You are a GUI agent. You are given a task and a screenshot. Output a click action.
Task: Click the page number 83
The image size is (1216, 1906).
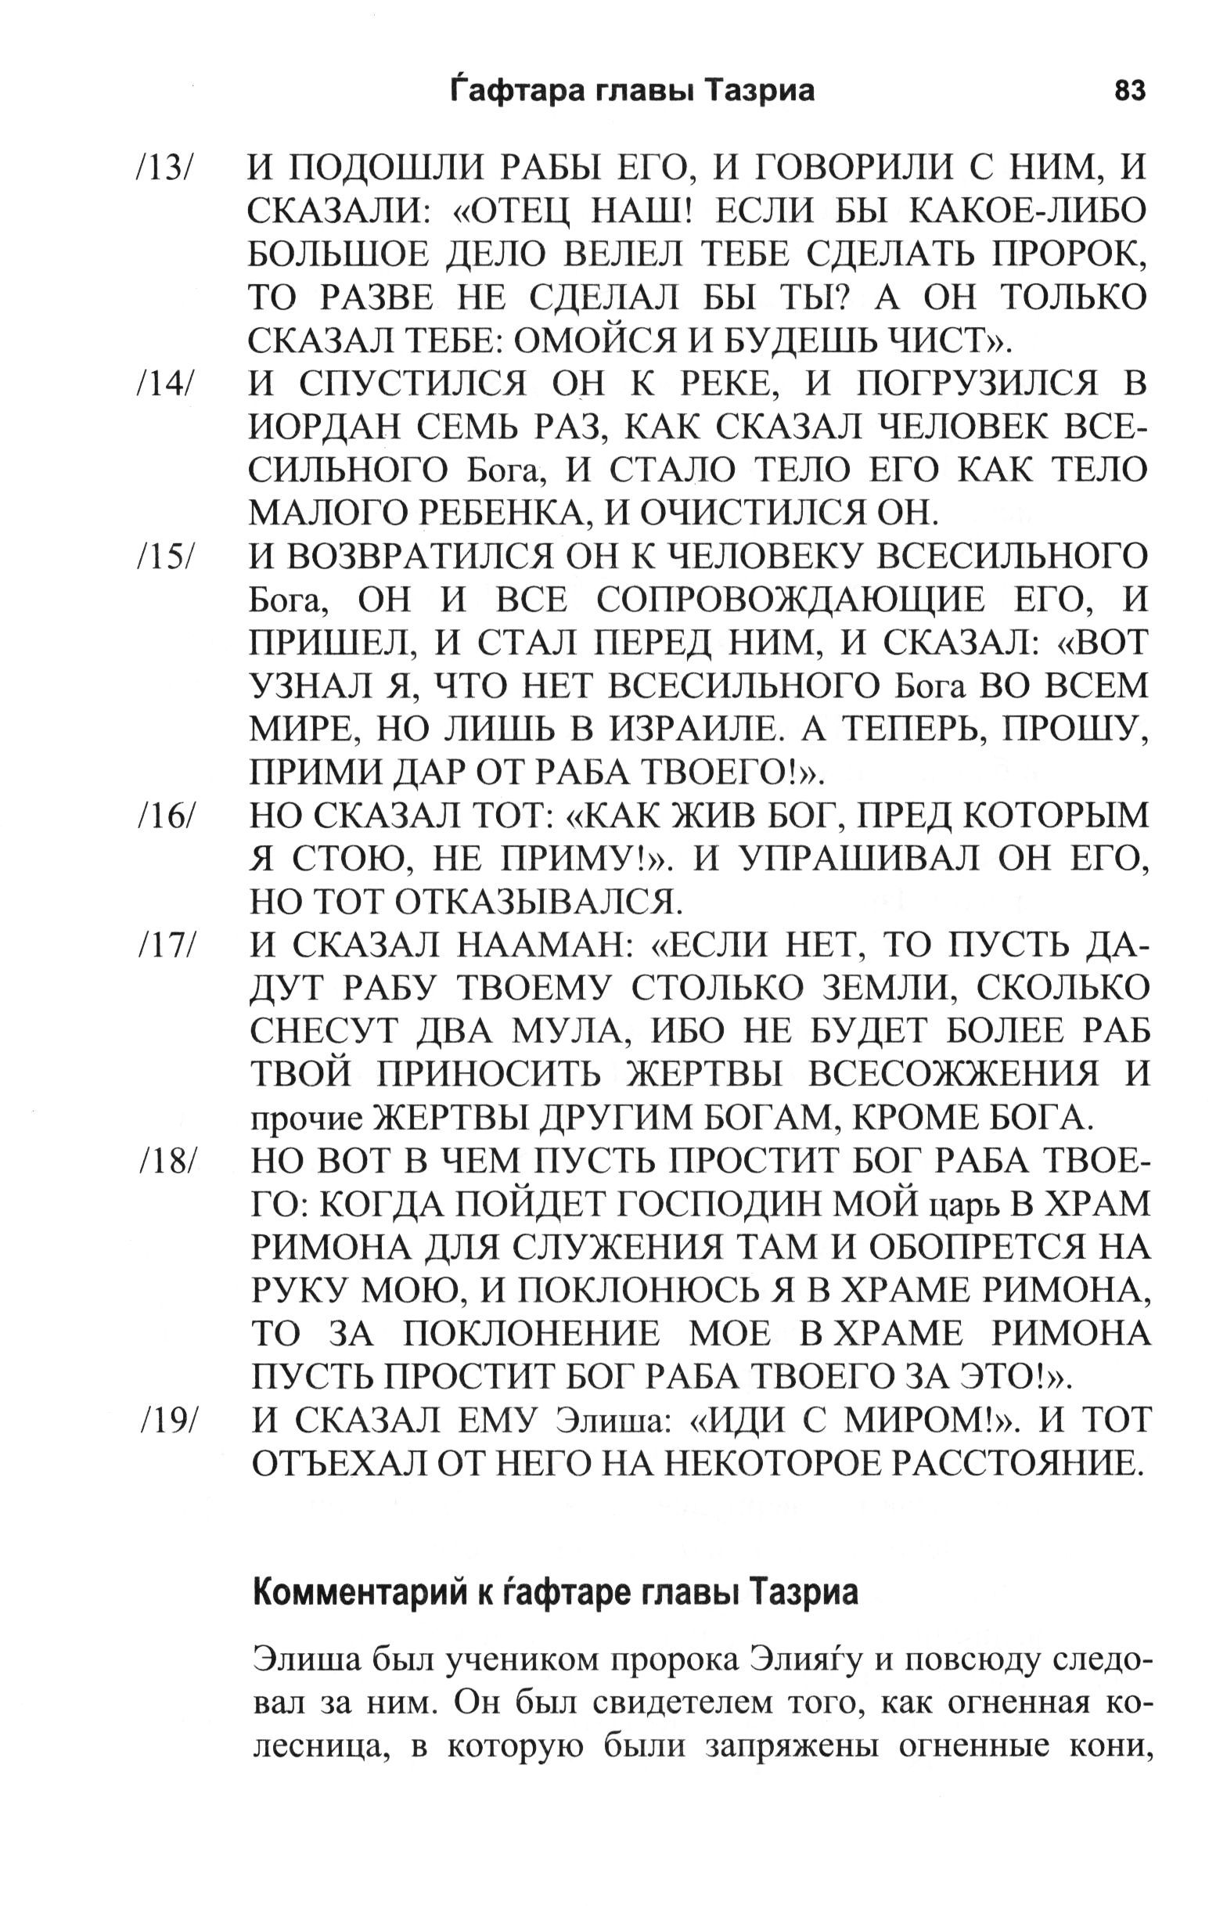1128,92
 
